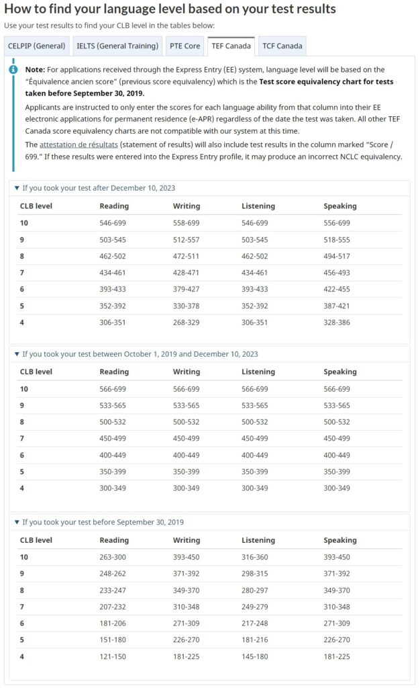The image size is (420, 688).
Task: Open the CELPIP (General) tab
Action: tap(37, 46)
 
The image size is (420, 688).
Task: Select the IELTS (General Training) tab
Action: tap(117, 46)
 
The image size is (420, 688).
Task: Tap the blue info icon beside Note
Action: tap(13, 69)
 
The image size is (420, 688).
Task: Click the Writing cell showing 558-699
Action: tap(186, 223)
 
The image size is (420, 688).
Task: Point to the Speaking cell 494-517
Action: tap(337, 256)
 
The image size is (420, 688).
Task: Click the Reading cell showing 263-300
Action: tap(113, 557)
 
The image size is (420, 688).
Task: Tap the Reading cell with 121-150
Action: tap(113, 656)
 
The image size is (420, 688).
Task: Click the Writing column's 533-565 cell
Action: tap(186, 406)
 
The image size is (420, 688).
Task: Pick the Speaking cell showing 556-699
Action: tap(337, 223)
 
